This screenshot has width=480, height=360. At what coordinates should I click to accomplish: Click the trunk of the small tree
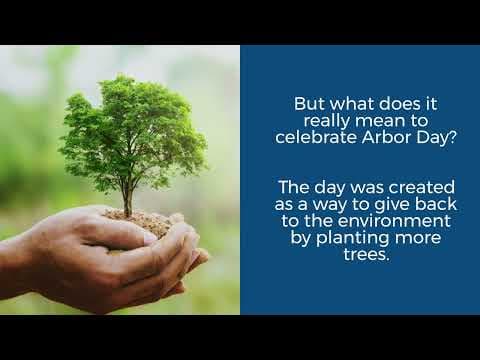pos(127,195)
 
